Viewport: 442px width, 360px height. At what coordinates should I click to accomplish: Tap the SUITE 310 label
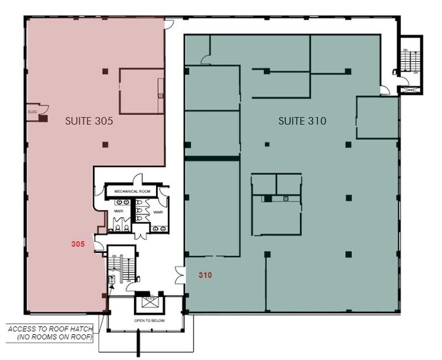coord(302,121)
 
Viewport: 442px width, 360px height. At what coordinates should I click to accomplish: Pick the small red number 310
coord(205,276)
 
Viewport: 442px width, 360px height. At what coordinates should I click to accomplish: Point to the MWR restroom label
coord(118,212)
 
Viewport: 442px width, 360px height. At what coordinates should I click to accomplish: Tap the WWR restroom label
coord(158,212)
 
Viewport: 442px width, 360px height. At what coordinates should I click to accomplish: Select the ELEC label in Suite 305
coord(32,113)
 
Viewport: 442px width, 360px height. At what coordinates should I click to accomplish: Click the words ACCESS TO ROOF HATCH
coord(51,329)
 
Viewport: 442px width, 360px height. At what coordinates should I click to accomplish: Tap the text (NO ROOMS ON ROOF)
coord(51,338)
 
